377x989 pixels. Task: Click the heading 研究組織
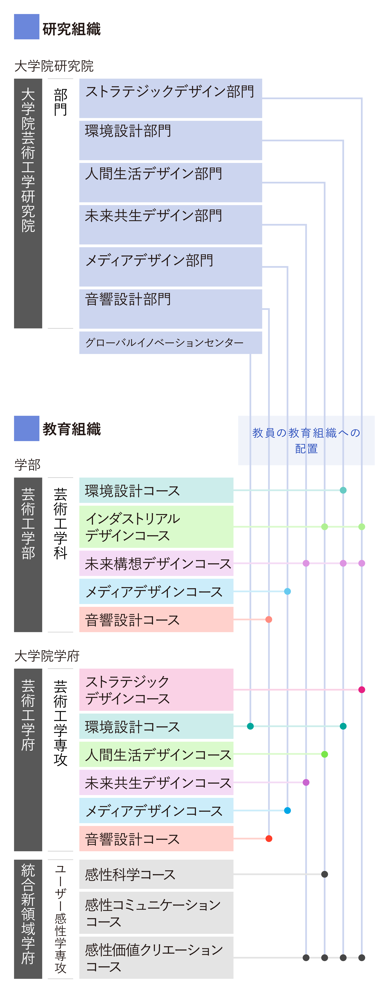pos(71,29)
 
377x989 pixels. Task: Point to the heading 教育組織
pos(71,429)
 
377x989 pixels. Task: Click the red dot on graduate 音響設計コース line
pos(269,839)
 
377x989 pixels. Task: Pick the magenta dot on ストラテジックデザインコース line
pos(362,689)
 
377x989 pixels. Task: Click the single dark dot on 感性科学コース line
pos(325,874)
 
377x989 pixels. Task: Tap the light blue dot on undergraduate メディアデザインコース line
pos(287,591)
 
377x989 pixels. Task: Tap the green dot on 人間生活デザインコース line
pos(325,754)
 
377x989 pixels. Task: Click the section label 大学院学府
pos(47,656)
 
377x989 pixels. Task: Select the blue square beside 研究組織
pos(26,26)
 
